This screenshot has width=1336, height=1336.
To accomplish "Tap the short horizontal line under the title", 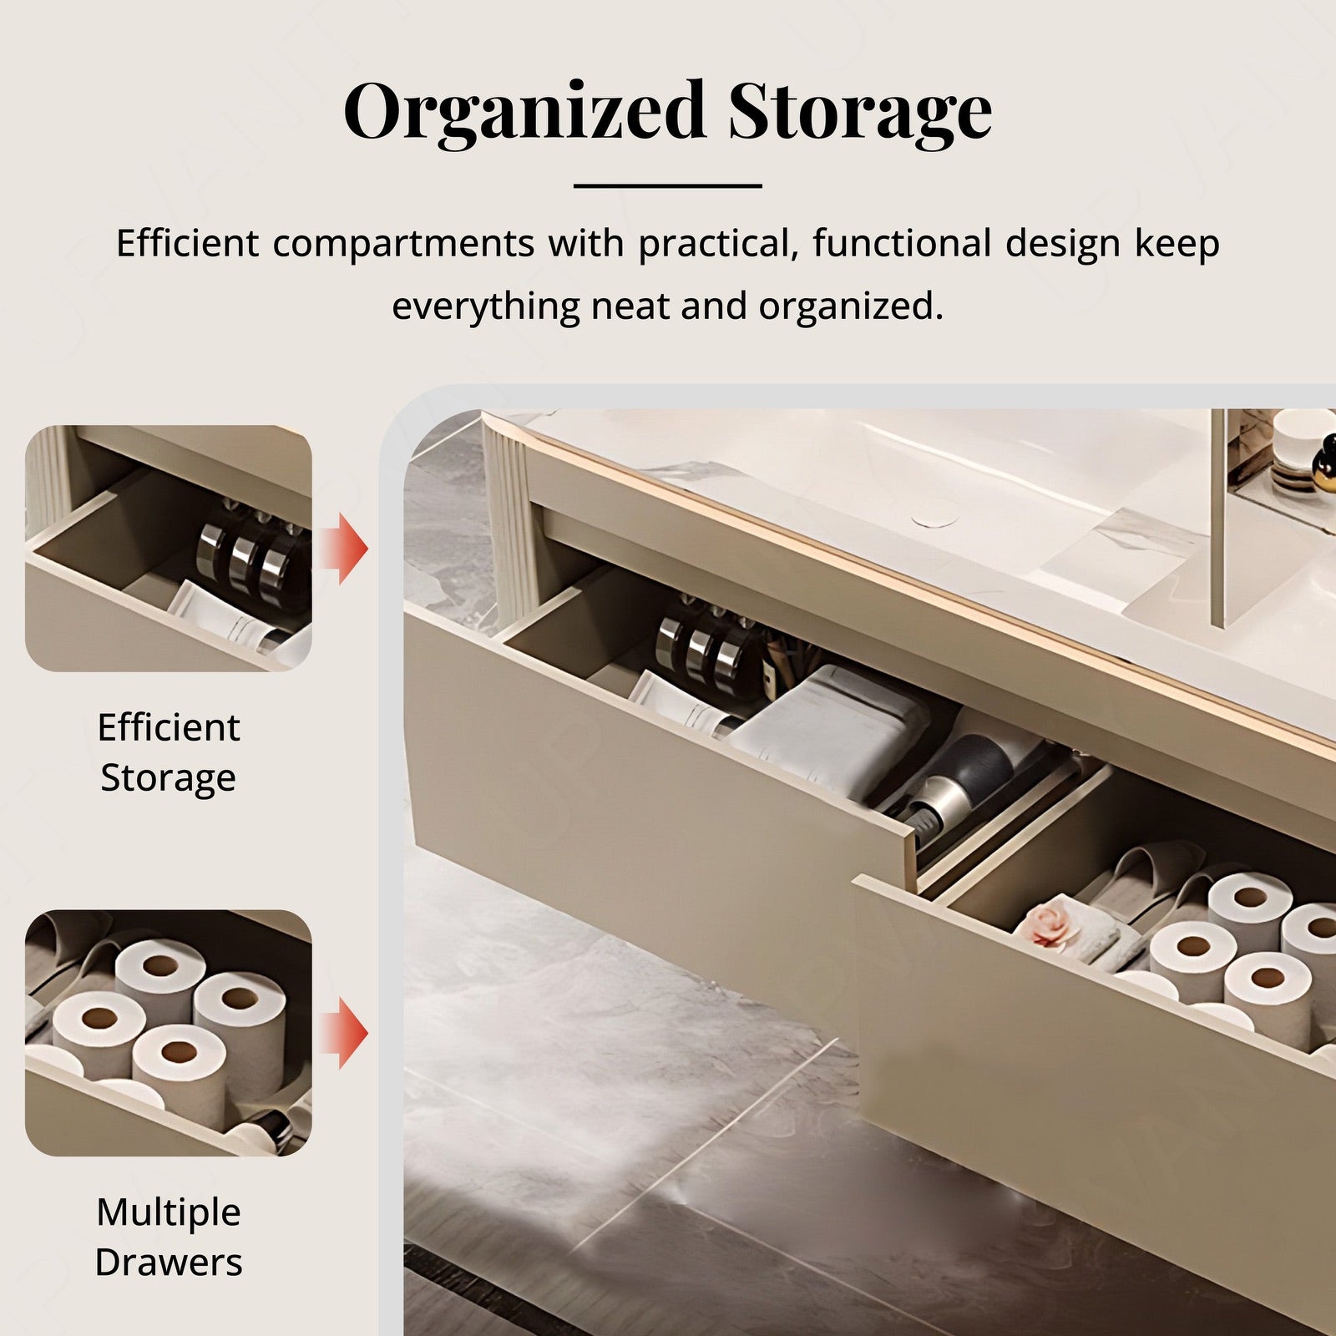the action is (668, 185).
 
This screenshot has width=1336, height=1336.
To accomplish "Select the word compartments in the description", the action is (403, 244).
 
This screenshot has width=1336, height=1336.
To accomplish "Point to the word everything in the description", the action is (486, 306).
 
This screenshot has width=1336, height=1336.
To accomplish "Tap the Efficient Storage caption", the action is (169, 752).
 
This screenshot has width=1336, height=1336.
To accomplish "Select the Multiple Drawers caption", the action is (169, 1237).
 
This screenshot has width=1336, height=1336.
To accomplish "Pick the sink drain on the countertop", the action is (935, 519).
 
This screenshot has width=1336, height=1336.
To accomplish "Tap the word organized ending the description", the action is (851, 306).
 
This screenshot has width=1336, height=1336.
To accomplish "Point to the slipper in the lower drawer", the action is (1152, 877).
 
